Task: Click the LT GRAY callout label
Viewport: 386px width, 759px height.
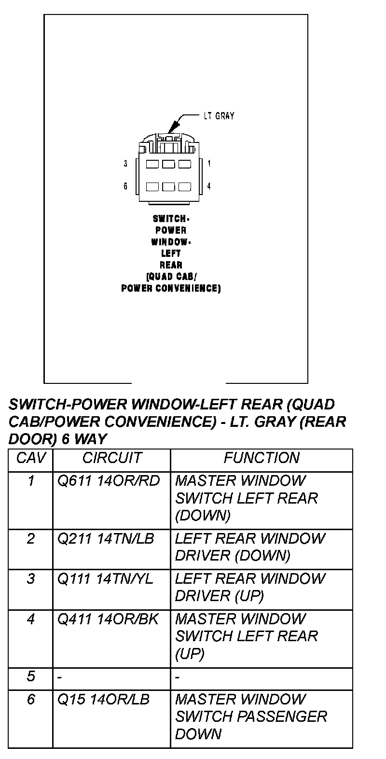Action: tap(219, 116)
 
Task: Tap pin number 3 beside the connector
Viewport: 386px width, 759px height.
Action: tap(125, 164)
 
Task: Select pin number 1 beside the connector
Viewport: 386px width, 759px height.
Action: tap(209, 164)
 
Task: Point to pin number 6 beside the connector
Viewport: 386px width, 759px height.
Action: tap(125, 186)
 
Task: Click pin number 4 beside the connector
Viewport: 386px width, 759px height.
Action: tap(209, 186)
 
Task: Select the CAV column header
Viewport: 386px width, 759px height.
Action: tap(30, 458)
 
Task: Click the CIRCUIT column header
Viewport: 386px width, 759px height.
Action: tap(112, 458)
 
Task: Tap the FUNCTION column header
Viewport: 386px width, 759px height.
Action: tap(262, 458)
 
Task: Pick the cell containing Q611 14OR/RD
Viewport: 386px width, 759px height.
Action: tap(109, 481)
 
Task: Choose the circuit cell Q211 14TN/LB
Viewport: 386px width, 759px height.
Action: tap(106, 538)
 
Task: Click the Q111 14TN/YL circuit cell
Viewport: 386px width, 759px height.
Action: tap(105, 578)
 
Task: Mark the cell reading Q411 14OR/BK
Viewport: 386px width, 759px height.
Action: tap(108, 619)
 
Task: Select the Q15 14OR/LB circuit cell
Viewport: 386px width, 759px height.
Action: tap(103, 699)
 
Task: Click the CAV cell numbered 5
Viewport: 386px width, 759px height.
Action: tap(30, 676)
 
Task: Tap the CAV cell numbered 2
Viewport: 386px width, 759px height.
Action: tap(30, 538)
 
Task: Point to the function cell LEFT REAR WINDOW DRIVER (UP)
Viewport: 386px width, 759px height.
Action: tap(250, 587)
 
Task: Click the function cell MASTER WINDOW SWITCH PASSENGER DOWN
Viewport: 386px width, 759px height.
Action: tap(251, 717)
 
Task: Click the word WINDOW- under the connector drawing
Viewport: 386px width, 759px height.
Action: tap(171, 241)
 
